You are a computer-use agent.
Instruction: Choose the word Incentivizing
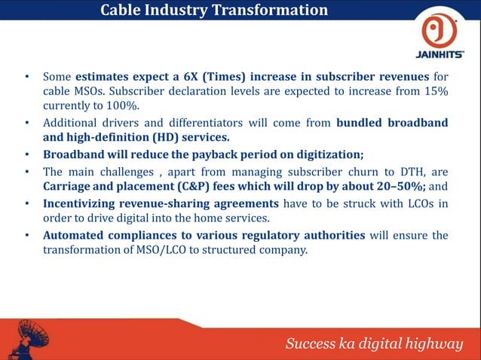click(x=83, y=203)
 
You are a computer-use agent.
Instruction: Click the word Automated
click(x=75, y=235)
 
